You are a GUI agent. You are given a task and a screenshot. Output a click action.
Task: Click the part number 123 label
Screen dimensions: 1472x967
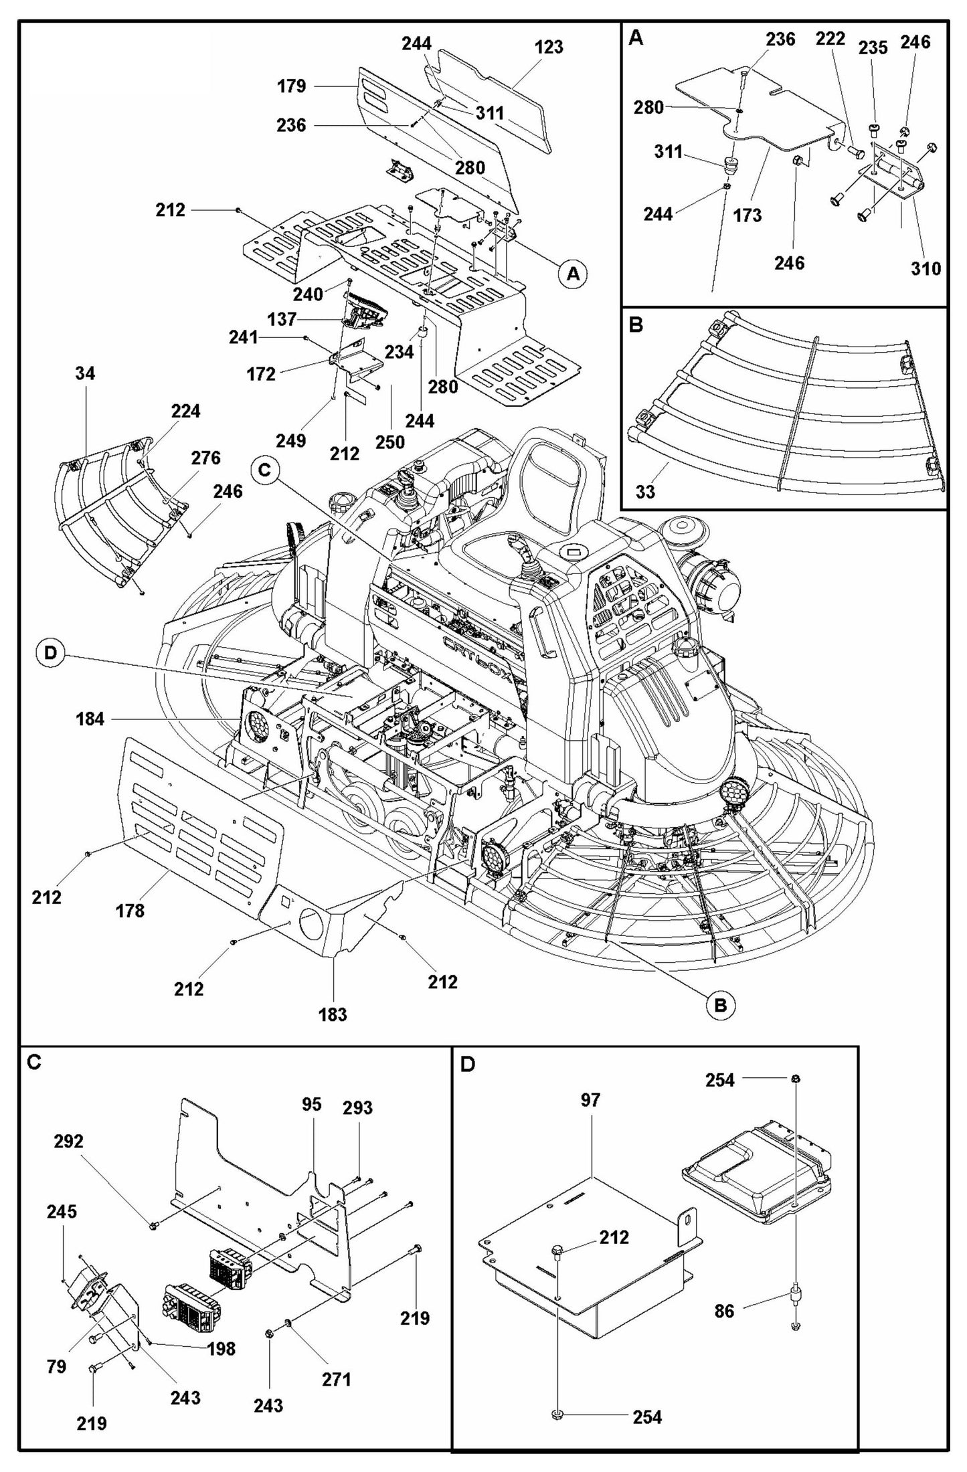549,48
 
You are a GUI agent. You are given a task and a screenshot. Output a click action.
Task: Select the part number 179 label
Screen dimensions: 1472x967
291,86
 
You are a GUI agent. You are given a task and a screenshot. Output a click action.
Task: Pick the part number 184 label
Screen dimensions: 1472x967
90,719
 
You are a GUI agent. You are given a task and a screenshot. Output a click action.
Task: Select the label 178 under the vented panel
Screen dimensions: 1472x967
130,911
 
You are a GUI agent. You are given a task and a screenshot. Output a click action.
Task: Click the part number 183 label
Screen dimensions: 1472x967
333,1014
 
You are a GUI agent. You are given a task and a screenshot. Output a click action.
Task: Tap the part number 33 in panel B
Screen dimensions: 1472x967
644,492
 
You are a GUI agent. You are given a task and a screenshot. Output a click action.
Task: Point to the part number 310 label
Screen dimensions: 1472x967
926,269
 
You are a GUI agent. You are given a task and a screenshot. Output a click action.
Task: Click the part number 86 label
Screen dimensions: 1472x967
724,1311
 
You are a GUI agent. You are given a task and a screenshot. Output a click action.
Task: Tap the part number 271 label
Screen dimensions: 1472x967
336,1379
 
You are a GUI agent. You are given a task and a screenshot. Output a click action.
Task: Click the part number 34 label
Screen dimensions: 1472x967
84,373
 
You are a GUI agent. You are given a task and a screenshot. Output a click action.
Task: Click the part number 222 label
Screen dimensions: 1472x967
830,39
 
